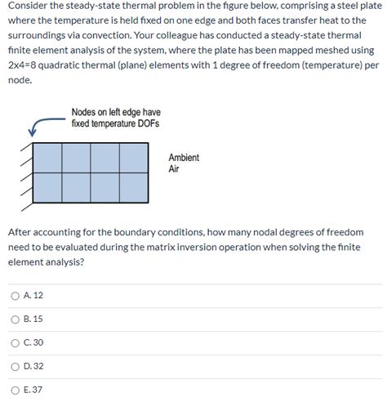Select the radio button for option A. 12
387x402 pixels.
point(15,295)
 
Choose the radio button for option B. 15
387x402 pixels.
point(15,319)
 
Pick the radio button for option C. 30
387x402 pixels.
point(15,342)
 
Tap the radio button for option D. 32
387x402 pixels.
point(15,366)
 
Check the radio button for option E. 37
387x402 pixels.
point(15,390)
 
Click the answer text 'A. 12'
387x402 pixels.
point(33,295)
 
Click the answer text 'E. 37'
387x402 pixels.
point(33,390)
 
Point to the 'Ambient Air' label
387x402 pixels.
point(183,163)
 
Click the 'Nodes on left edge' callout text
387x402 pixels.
point(115,118)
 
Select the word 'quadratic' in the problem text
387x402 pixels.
point(76,66)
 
